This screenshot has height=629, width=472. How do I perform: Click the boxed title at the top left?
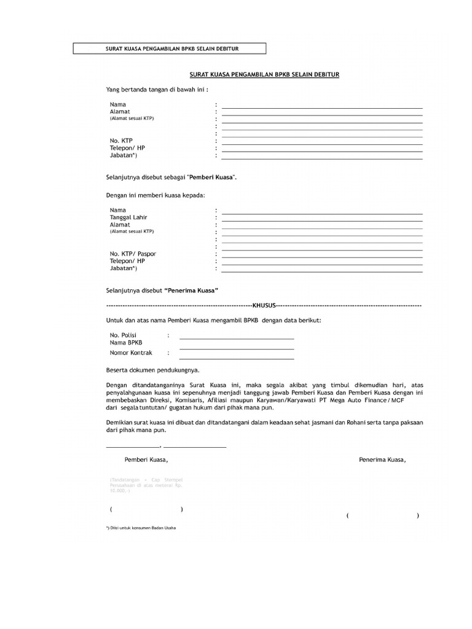(x=169, y=49)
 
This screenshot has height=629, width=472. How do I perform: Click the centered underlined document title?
(x=264, y=74)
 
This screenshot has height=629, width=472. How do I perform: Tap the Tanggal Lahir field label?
(x=128, y=217)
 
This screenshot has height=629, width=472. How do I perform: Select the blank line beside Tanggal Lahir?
(x=322, y=221)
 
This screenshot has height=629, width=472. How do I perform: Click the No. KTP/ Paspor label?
(x=133, y=254)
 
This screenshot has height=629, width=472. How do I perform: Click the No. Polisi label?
(x=123, y=335)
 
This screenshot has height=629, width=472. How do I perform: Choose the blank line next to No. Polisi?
(x=237, y=338)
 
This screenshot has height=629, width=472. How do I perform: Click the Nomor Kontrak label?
(x=131, y=353)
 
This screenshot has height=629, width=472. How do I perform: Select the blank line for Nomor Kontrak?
(x=237, y=358)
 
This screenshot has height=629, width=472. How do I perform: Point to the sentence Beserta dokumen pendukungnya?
(x=152, y=370)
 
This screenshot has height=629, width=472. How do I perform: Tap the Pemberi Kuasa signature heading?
(x=146, y=459)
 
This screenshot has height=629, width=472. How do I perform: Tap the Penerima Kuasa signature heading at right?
(x=382, y=459)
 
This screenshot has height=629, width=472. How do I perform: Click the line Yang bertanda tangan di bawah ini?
(x=157, y=89)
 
